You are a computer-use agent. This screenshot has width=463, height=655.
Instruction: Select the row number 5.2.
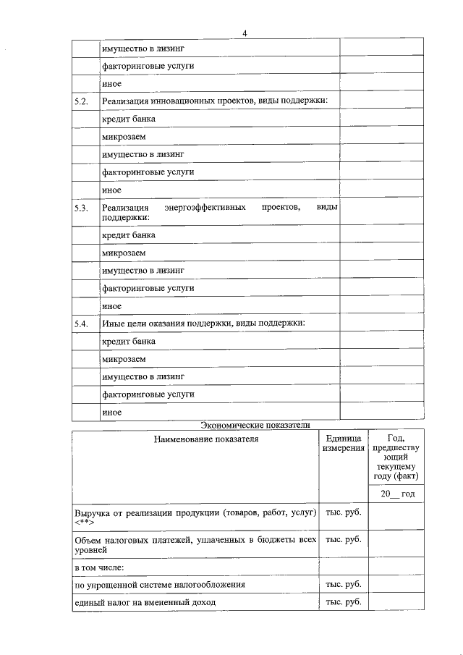tap(81, 101)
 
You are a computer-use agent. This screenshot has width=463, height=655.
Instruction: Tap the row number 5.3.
tap(81, 208)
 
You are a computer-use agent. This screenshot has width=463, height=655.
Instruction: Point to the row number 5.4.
tap(81, 324)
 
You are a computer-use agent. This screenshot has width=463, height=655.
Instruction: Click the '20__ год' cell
tap(396, 494)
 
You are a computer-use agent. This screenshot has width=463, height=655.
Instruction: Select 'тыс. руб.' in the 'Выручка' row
tap(344, 512)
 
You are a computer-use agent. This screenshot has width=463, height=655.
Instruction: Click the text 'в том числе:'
tap(98, 567)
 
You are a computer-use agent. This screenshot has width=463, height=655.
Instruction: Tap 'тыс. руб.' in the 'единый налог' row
tap(344, 601)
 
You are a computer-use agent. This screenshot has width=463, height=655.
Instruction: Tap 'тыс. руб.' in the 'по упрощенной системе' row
tap(344, 584)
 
